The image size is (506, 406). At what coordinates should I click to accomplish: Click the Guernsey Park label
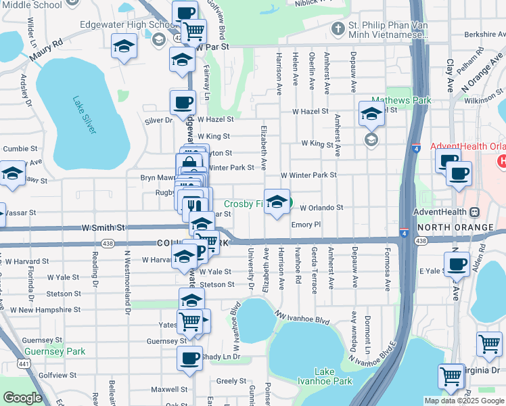[45, 351]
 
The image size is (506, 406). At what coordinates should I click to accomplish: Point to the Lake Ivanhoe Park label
[333, 377]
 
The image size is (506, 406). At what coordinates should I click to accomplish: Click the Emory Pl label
[305, 224]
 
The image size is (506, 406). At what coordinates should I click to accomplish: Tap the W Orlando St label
[321, 208]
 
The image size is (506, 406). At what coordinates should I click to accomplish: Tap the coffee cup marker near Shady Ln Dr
[189, 358]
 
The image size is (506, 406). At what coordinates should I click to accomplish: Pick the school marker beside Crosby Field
[277, 202]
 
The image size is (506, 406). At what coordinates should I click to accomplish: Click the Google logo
[22, 397]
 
